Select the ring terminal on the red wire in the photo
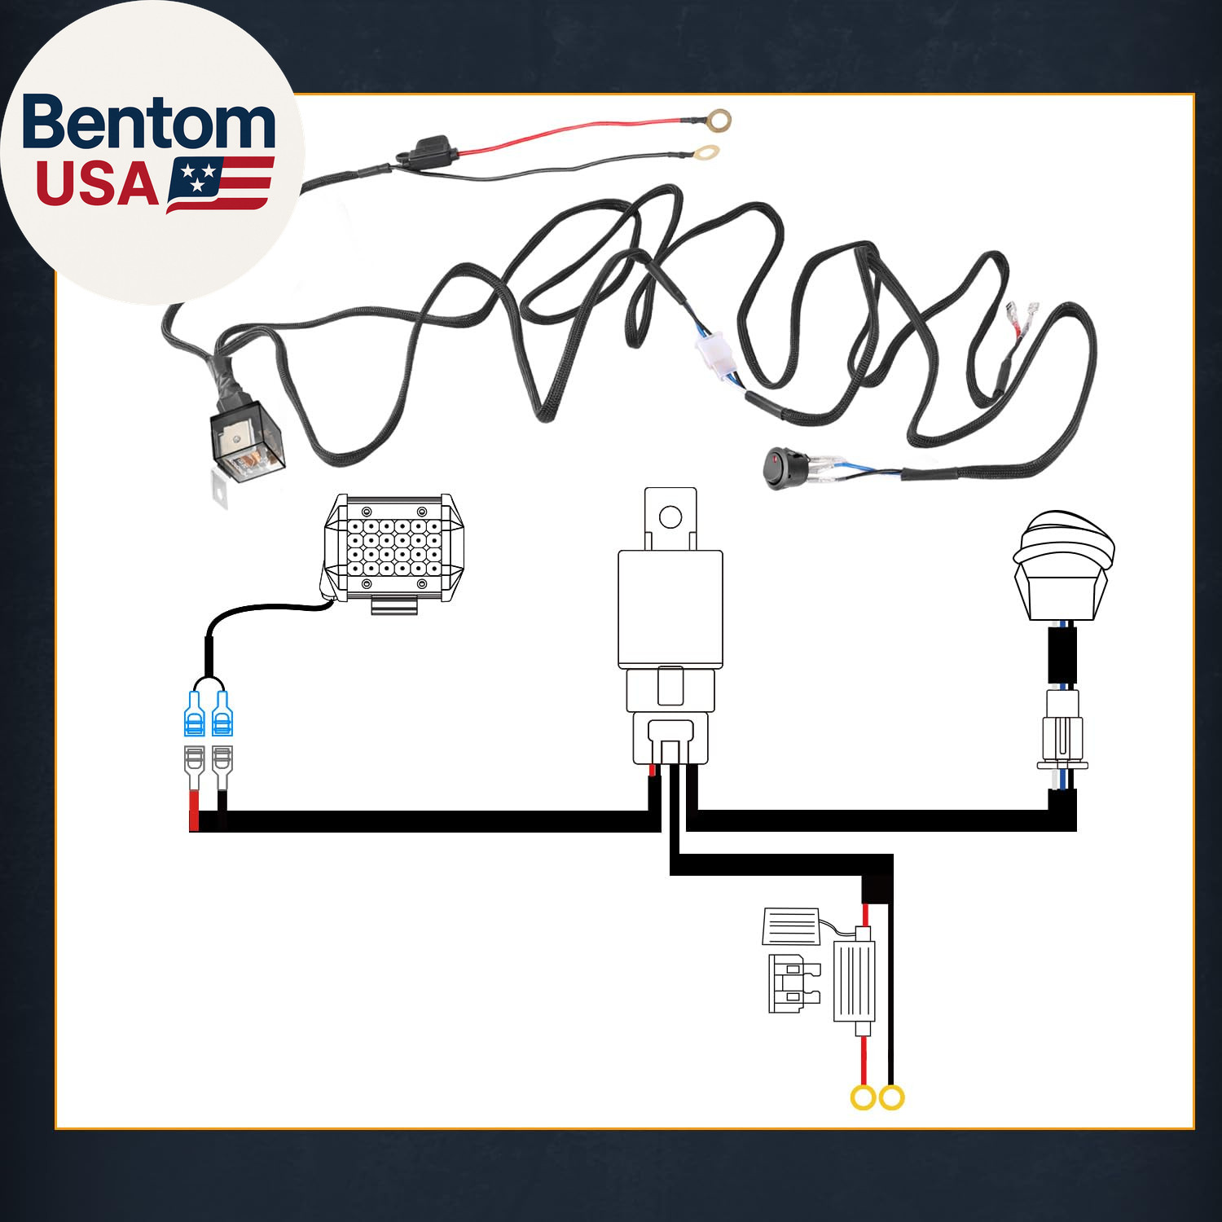[x=718, y=121]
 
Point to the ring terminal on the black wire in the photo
[x=709, y=152]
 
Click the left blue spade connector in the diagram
[x=195, y=714]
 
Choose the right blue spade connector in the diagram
[x=222, y=714]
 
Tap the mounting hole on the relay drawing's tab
[x=670, y=516]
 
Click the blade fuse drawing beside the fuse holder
[x=793, y=983]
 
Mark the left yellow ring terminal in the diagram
[x=863, y=1097]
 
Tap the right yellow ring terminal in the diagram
[x=892, y=1097]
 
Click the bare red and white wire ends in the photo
[x=1022, y=315]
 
